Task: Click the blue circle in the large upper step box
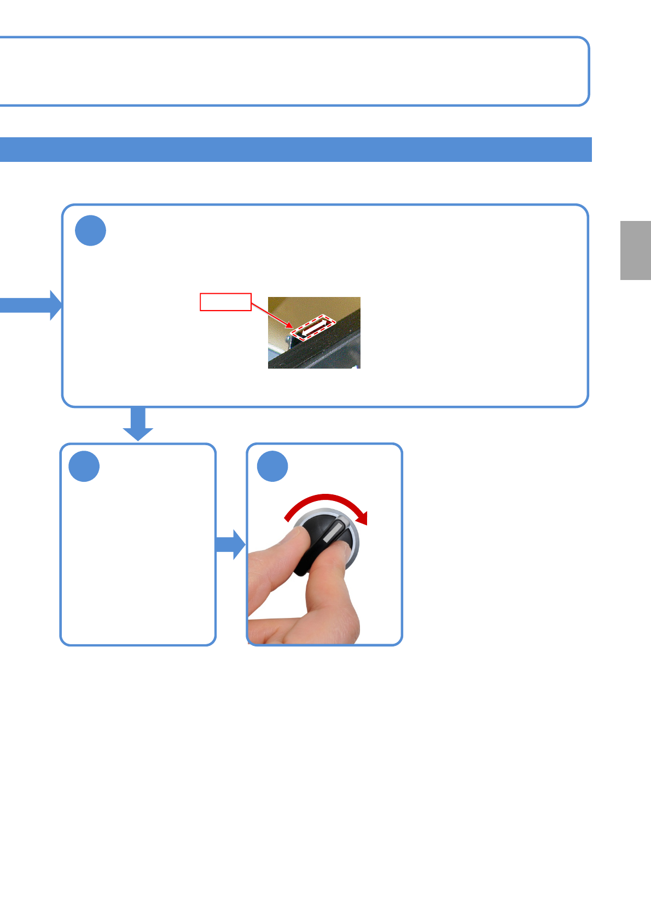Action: (x=90, y=230)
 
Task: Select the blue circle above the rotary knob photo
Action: (x=272, y=467)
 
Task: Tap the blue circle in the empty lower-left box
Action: (x=84, y=467)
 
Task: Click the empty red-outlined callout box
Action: (x=225, y=302)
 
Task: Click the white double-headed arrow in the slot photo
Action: (x=312, y=328)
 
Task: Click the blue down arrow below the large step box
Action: (x=138, y=424)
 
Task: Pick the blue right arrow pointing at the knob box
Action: (x=230, y=544)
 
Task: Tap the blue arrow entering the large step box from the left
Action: (x=30, y=305)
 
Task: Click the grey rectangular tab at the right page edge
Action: (x=635, y=250)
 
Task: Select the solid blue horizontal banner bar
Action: (x=295, y=149)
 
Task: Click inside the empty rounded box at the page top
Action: (x=295, y=71)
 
